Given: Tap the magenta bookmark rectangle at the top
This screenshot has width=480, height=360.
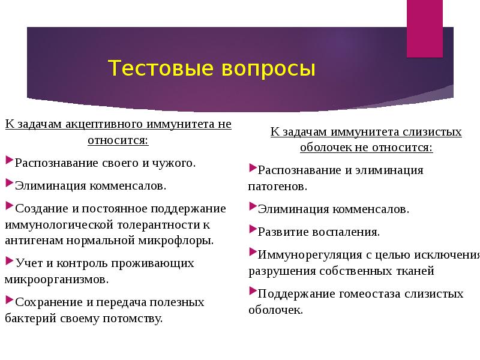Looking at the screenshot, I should click(424, 28).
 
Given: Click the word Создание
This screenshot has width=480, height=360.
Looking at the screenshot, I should click(43, 208).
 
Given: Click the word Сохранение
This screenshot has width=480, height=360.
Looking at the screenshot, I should click(49, 302).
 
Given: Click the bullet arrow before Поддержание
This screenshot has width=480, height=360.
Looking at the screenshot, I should click(253, 292).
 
